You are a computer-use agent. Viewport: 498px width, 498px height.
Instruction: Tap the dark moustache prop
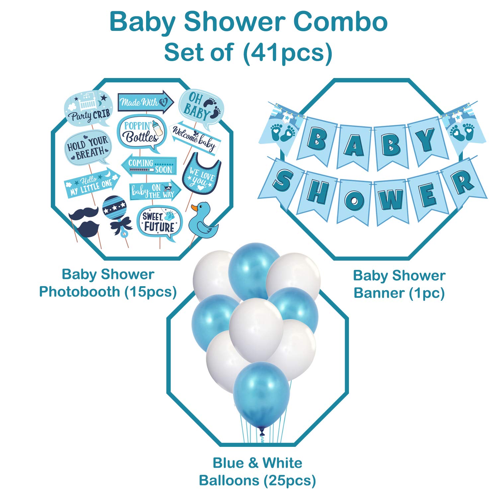coord(84,213)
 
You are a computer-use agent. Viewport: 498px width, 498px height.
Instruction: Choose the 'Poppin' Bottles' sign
coord(141,132)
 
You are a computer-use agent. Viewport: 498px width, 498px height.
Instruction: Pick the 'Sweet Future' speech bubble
coord(159,222)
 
